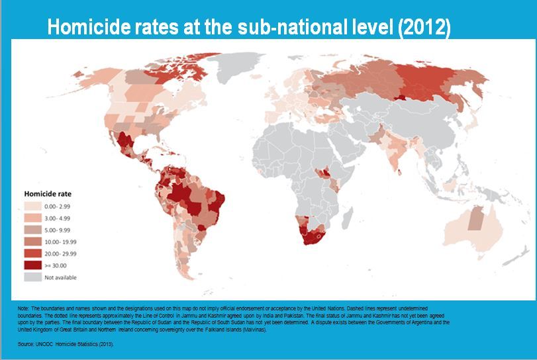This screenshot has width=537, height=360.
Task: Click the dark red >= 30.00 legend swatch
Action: (33, 265)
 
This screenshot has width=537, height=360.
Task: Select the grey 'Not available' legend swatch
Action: (33, 277)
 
